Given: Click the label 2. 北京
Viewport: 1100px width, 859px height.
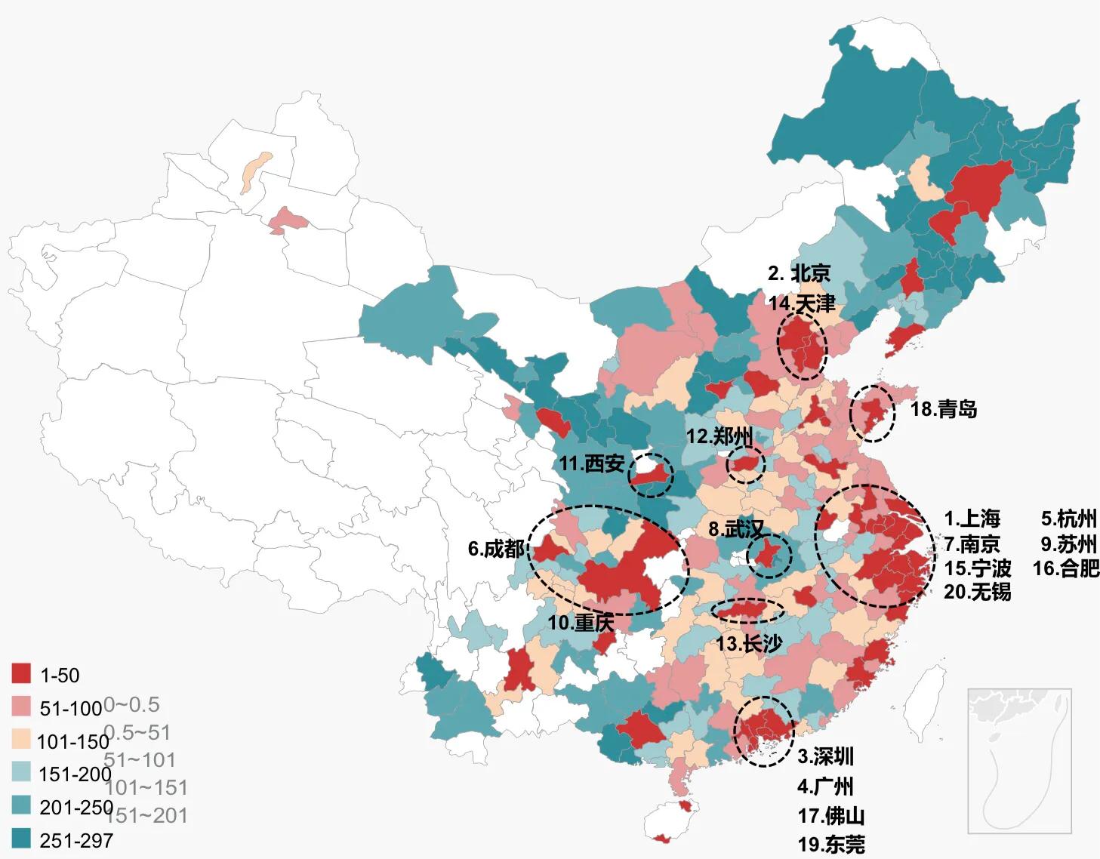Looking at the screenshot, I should [799, 273].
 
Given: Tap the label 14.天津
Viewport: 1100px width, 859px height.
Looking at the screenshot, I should [802, 303].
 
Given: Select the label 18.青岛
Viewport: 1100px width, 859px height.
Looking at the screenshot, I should [944, 409].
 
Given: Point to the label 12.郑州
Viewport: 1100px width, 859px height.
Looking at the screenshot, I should [719, 436].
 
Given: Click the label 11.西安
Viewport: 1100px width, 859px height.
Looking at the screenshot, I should [592, 463].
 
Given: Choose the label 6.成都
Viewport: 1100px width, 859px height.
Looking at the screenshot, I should [495, 549].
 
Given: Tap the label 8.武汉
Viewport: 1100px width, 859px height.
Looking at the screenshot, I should [737, 528].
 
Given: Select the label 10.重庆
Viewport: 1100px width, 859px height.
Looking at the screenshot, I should [581, 623].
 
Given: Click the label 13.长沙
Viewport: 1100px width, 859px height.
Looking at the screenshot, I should [749, 643].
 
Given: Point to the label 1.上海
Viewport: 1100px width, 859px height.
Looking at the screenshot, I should [972, 519].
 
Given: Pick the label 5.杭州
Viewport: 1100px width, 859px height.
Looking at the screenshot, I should [1068, 519].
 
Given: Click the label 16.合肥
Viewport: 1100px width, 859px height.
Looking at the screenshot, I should [1065, 568].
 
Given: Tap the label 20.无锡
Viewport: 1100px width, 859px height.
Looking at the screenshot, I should [977, 592].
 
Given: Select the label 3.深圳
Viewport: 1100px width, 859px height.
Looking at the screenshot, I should [826, 756].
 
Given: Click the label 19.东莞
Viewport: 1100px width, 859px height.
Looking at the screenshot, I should [831, 844].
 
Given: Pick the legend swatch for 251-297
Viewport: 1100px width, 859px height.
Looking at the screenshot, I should [22, 839].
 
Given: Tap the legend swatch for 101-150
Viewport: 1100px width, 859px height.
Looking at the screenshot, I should [22, 740].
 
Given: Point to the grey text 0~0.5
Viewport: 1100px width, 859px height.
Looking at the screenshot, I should [131, 705].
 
